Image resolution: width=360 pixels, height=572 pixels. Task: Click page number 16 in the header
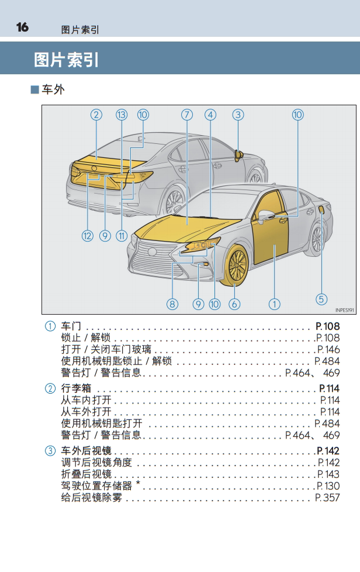22,27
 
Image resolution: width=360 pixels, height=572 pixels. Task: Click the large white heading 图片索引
66,60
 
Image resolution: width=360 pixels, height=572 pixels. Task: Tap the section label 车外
53,89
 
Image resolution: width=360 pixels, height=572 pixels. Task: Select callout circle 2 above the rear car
96,115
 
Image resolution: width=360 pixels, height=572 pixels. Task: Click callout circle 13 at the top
122,115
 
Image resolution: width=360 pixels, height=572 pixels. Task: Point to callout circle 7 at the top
187,115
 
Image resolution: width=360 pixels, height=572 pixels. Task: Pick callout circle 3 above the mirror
238,115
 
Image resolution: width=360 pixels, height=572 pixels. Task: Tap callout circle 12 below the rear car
88,236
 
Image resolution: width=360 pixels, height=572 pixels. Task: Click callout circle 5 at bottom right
321,299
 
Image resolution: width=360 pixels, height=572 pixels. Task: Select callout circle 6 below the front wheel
234,304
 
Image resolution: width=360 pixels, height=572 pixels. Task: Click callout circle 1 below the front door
274,304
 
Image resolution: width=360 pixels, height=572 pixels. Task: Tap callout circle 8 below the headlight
172,304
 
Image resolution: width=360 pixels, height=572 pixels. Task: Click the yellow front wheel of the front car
237,265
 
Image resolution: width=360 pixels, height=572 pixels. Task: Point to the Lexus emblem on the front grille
151,251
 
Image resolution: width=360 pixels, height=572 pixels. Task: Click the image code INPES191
344,310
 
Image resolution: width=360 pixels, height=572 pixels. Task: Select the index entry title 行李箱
76,388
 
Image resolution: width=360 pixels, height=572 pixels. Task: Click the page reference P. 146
328,350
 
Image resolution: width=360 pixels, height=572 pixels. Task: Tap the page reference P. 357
327,498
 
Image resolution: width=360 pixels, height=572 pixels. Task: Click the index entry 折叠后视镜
86,474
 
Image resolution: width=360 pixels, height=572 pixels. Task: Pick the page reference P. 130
328,486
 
